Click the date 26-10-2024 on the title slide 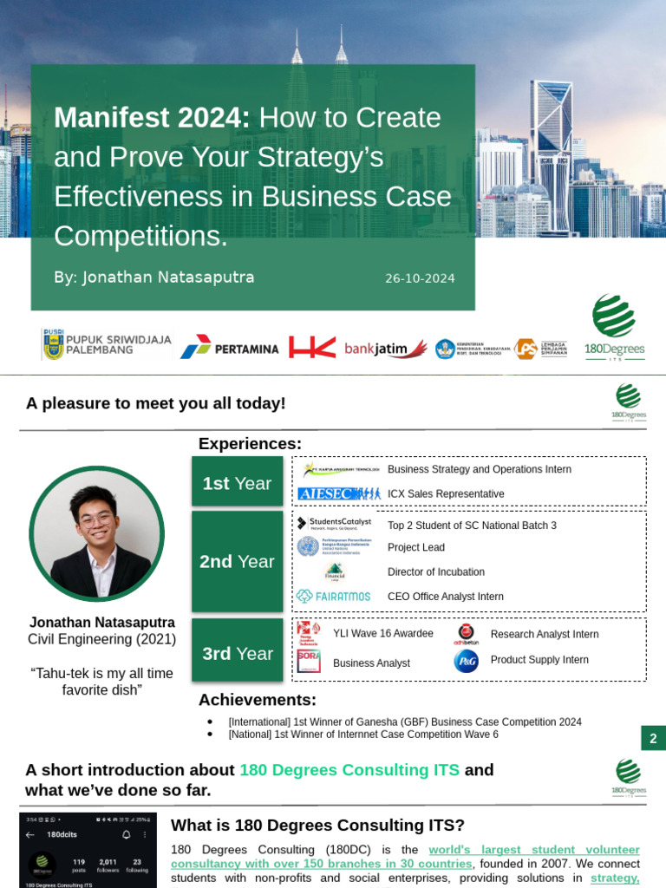coord(420,278)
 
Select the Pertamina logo coord(230,347)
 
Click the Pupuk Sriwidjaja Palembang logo coord(107,344)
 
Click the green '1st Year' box coord(237,483)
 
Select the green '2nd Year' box coord(237,561)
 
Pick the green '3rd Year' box coord(237,653)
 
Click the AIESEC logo coord(338,493)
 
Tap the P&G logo coord(466,661)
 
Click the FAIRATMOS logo coord(333,597)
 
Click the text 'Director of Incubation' coord(436,572)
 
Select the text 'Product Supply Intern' coord(539,660)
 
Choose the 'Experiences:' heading coord(250,444)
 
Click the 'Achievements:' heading coord(258,700)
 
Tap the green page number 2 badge coord(653,739)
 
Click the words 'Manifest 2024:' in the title coord(152,118)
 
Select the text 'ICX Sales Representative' coord(446,493)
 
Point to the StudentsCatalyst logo coord(334,523)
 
